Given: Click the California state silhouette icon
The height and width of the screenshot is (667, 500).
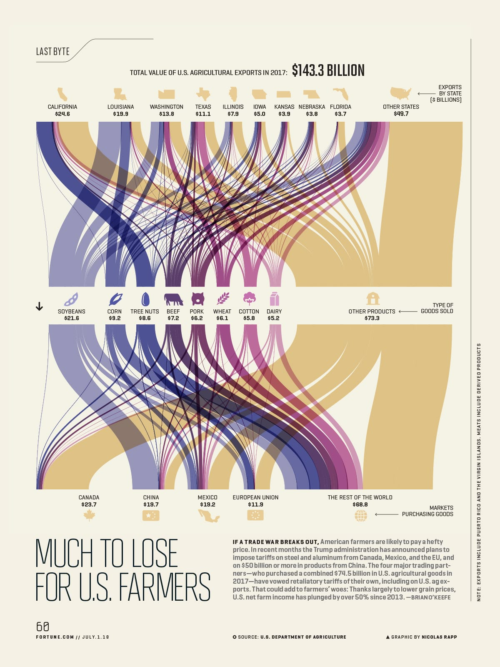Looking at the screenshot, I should pyautogui.click(x=62, y=94).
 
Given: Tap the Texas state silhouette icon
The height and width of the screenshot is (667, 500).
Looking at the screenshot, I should pyautogui.click(x=203, y=94).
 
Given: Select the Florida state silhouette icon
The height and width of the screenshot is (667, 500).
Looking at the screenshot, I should pyautogui.click(x=340, y=94).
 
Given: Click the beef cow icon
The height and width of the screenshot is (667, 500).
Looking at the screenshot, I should pyautogui.click(x=173, y=299).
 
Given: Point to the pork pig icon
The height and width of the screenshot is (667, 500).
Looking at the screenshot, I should pyautogui.click(x=197, y=299).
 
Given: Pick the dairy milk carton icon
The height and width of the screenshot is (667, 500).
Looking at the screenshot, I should pyautogui.click(x=274, y=299).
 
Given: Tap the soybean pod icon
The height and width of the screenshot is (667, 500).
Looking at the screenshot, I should pyautogui.click(x=71, y=299).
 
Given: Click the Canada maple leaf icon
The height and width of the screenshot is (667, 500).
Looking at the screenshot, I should pyautogui.click(x=89, y=516).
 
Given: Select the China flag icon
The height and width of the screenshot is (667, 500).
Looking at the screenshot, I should pyautogui.click(x=151, y=516).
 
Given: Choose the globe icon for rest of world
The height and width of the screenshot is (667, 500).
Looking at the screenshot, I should pyautogui.click(x=361, y=516).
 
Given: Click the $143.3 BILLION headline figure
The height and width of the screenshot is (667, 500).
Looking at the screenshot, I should pyautogui.click(x=328, y=70).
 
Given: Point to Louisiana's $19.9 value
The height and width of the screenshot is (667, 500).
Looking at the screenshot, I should pyautogui.click(x=121, y=114).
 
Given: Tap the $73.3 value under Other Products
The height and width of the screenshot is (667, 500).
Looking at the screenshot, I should pyautogui.click(x=372, y=318).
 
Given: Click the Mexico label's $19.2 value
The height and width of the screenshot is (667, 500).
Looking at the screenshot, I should pyautogui.click(x=207, y=504).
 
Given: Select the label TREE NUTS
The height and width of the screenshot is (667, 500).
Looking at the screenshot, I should pyautogui.click(x=145, y=311).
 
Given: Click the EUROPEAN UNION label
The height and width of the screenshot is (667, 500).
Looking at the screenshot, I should pyautogui.click(x=255, y=497).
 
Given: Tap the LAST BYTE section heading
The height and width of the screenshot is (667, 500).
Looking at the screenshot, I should pyautogui.click(x=53, y=51).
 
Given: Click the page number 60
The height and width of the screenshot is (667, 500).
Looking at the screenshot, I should pyautogui.click(x=42, y=627).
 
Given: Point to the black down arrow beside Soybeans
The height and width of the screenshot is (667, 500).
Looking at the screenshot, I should pyautogui.click(x=39, y=307).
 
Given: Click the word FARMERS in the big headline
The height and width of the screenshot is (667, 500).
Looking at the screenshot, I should pyautogui.click(x=165, y=587).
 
